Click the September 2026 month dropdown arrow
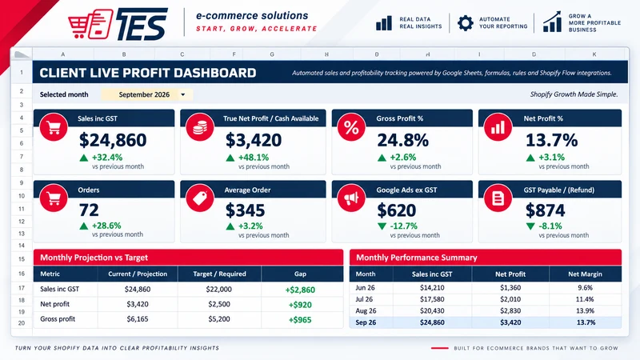[x=183, y=94]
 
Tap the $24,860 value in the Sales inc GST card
[x=113, y=140]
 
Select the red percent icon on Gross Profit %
[x=351, y=127]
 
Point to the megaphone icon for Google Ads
[x=351, y=198]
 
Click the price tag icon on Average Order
[x=199, y=198]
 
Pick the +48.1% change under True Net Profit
[x=254, y=157]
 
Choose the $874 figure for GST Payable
[x=545, y=210]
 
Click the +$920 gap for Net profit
[x=300, y=305]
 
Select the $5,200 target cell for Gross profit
[x=219, y=318]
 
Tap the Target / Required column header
[x=219, y=274]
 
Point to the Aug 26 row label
[x=366, y=310]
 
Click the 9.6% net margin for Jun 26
[x=585, y=288]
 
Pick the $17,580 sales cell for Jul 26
[x=432, y=299]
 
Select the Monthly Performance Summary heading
[x=416, y=258]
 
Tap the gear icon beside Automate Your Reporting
[x=466, y=23]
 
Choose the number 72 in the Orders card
[x=89, y=210]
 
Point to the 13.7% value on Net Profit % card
[x=551, y=140]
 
